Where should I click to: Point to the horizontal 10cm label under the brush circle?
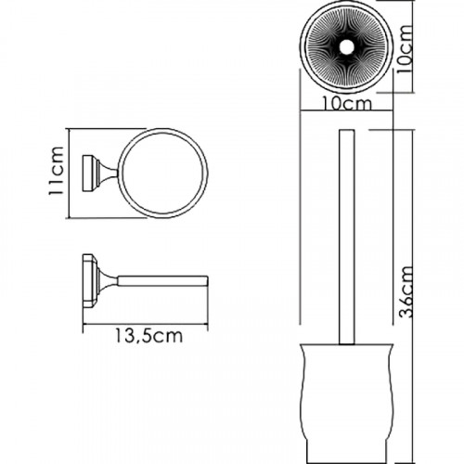(x=342, y=105)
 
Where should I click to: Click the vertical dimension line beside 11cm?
(x=71, y=173)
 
